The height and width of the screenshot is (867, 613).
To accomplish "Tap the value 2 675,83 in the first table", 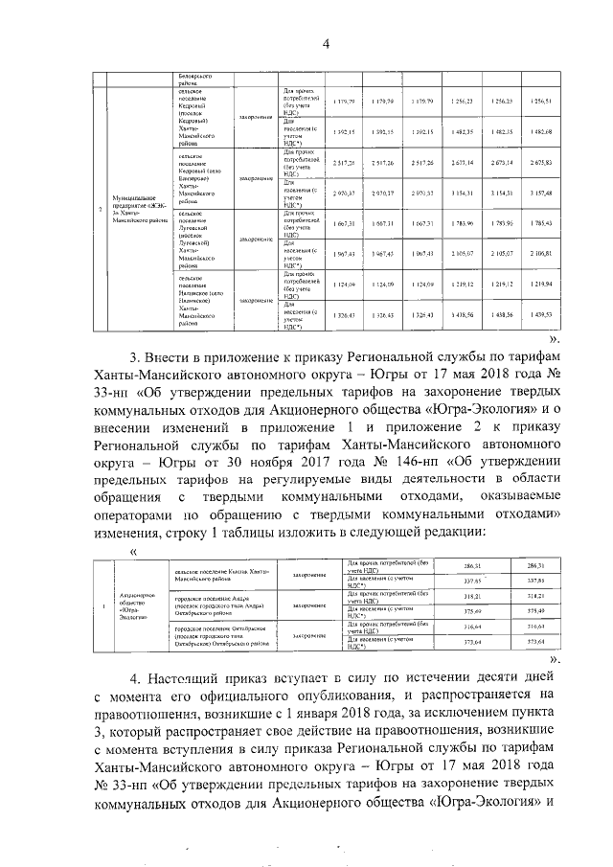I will [x=543, y=164].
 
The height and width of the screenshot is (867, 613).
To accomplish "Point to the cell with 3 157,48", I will [x=543, y=193].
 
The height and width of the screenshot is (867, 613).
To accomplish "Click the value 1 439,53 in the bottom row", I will [x=543, y=313].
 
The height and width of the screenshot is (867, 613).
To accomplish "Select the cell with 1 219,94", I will [x=543, y=285].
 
